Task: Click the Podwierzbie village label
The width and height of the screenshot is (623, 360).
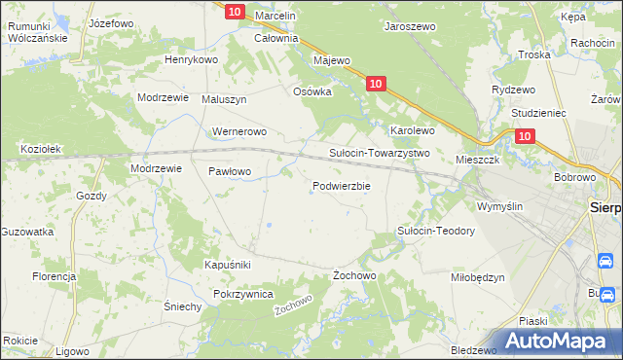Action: (x=341, y=186)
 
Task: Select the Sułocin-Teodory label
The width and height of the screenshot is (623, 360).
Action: (x=435, y=231)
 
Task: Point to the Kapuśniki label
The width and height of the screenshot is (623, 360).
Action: (x=228, y=265)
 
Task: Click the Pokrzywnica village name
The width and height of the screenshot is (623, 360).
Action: (x=242, y=294)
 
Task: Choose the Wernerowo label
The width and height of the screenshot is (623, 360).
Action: (x=238, y=131)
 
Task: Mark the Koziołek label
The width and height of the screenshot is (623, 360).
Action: (x=42, y=149)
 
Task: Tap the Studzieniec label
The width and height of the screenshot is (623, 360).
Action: (x=530, y=113)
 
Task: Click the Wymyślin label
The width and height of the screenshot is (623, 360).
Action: (x=499, y=206)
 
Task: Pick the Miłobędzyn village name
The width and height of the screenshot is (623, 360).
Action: (x=478, y=276)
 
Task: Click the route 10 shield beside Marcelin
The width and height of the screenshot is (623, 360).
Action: (x=234, y=12)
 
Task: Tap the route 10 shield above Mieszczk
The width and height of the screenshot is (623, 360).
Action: (x=525, y=138)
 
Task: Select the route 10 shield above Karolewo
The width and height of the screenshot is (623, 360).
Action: (x=377, y=85)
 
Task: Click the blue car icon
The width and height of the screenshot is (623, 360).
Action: (x=605, y=261)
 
